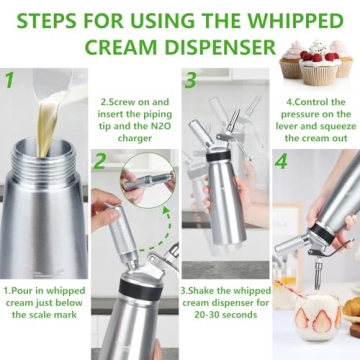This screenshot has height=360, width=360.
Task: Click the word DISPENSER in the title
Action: tap(213, 46)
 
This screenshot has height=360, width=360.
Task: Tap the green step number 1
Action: tap(10, 79)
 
